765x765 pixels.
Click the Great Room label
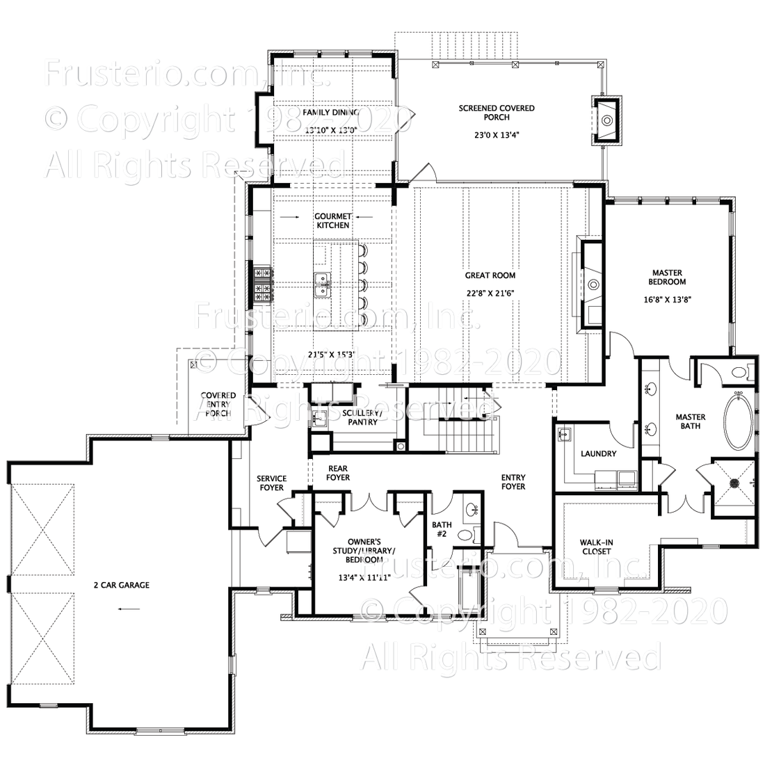pyautogui.click(x=490, y=275)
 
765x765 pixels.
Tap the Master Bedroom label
pyautogui.click(x=668, y=277)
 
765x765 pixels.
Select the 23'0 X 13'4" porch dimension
pyautogui.click(x=497, y=136)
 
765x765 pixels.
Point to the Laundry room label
pyautogui.click(x=599, y=454)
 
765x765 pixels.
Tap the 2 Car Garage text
pyautogui.click(x=122, y=585)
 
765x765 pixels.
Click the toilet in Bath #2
pyautogui.click(x=475, y=534)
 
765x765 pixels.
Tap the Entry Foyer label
pyautogui.click(x=514, y=482)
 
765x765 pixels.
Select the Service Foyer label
pyautogui.click(x=271, y=483)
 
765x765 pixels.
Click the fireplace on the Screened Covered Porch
pyautogui.click(x=607, y=120)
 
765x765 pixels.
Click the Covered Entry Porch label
pyautogui.click(x=218, y=404)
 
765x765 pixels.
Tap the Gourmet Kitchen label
pyautogui.click(x=332, y=220)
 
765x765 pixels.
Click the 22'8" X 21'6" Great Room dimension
pyautogui.click(x=490, y=293)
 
